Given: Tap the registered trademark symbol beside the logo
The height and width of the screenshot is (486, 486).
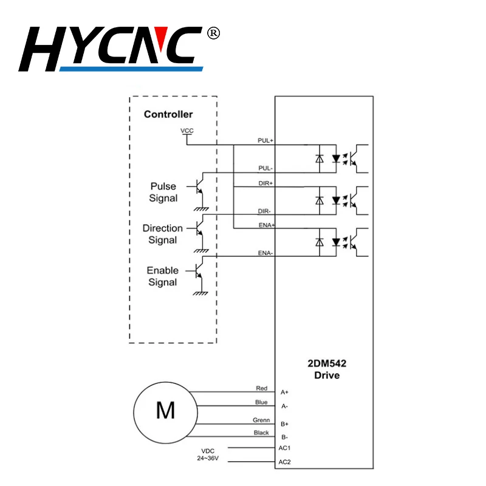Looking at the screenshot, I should click(213, 33).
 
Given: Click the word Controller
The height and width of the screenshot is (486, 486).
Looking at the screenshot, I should click(168, 114).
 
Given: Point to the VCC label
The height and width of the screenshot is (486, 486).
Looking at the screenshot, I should click(187, 131).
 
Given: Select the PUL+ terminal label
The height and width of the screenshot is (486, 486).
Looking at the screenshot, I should click(265, 140).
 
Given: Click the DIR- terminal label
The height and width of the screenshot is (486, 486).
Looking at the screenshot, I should click(265, 211).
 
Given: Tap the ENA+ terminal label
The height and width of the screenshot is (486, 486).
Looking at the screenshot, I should click(265, 225).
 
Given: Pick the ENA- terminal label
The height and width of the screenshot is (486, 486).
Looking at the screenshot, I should click(265, 253).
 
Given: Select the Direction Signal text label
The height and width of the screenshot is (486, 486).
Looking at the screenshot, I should click(163, 234).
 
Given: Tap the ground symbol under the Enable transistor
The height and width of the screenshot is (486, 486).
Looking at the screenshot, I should click(200, 293).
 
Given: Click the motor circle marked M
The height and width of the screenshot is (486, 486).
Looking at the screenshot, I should click(165, 411).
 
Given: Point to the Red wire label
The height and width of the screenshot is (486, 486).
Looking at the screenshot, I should click(262, 388).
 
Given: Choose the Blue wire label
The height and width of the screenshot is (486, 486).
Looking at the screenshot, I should click(261, 402).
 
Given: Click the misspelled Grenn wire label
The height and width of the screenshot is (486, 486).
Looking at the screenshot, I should click(261, 420).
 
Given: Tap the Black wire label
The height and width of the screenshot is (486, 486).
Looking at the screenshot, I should click(261, 433).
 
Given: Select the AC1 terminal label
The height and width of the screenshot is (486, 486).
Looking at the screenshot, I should click(284, 448).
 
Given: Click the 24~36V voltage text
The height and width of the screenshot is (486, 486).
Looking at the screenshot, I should click(208, 459).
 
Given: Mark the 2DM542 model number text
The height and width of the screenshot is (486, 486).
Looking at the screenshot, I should click(327, 364).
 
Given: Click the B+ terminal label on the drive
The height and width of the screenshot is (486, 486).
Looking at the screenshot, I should click(284, 423).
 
